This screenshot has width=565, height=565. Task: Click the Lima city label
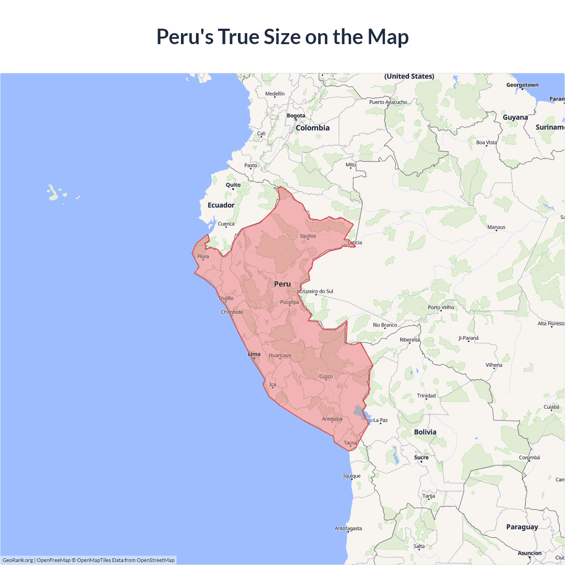click(254, 354)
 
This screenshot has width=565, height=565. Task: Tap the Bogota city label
click(296, 116)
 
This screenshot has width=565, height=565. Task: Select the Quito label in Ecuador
click(233, 185)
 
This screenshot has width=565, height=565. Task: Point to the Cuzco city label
click(326, 377)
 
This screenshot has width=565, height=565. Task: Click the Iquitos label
click(308, 236)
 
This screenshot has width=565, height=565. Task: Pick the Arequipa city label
click(332, 419)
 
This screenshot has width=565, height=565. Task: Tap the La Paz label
click(380, 420)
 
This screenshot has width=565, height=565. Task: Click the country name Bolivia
click(425, 432)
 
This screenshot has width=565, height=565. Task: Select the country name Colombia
click(313, 128)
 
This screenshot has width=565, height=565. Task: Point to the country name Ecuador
click(221, 205)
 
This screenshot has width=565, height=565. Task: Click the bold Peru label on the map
click(282, 284)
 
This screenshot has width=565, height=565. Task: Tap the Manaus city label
click(496, 227)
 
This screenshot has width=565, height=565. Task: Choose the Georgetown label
click(522, 85)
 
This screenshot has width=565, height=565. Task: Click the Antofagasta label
click(348, 528)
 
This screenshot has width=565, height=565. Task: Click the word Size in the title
click(282, 37)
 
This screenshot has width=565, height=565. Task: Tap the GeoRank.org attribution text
click(18, 560)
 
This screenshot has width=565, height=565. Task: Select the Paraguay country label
click(522, 527)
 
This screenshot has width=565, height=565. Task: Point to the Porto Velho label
click(441, 307)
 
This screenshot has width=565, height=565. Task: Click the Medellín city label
click(275, 94)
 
